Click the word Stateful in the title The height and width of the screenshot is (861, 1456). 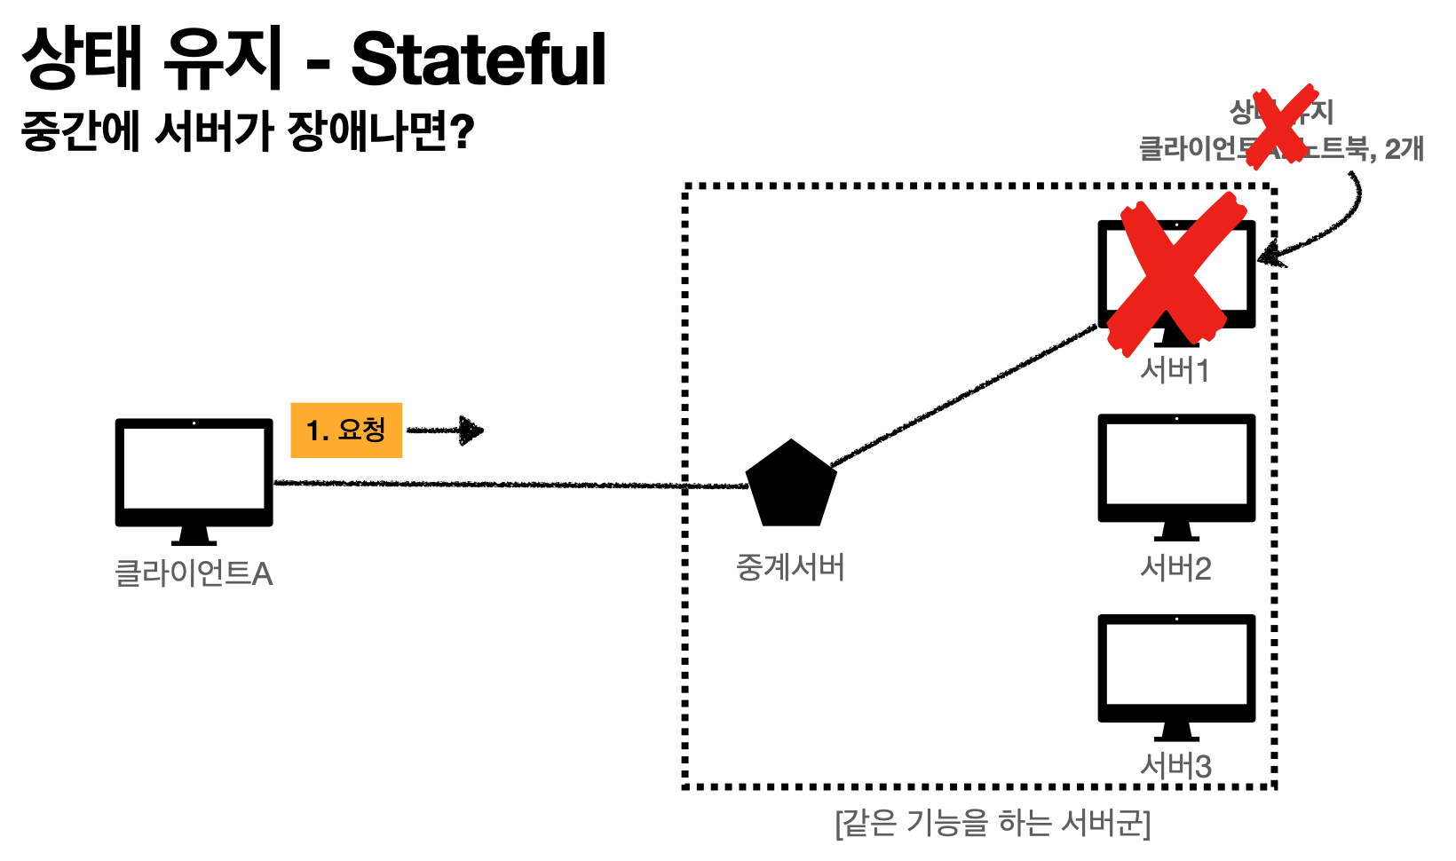pos(479,60)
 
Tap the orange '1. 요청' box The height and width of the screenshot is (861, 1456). pos(346,430)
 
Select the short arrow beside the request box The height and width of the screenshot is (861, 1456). pos(446,430)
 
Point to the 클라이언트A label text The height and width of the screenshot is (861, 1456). pos(194,573)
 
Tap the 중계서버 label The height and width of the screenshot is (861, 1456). pos(790,567)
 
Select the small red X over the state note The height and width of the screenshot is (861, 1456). pos(1281,126)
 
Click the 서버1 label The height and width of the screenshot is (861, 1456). pos(1175,370)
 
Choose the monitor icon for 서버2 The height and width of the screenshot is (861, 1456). pos(1176,470)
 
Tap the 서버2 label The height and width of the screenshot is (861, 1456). pos(1175,568)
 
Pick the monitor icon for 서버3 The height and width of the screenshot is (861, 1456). pos(1176,670)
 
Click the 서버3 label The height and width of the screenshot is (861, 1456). pos(1175,766)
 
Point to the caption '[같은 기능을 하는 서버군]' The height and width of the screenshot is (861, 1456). pos(993,824)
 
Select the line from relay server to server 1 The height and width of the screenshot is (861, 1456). pos(963,395)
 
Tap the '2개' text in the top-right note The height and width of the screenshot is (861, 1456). pos(1404,148)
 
